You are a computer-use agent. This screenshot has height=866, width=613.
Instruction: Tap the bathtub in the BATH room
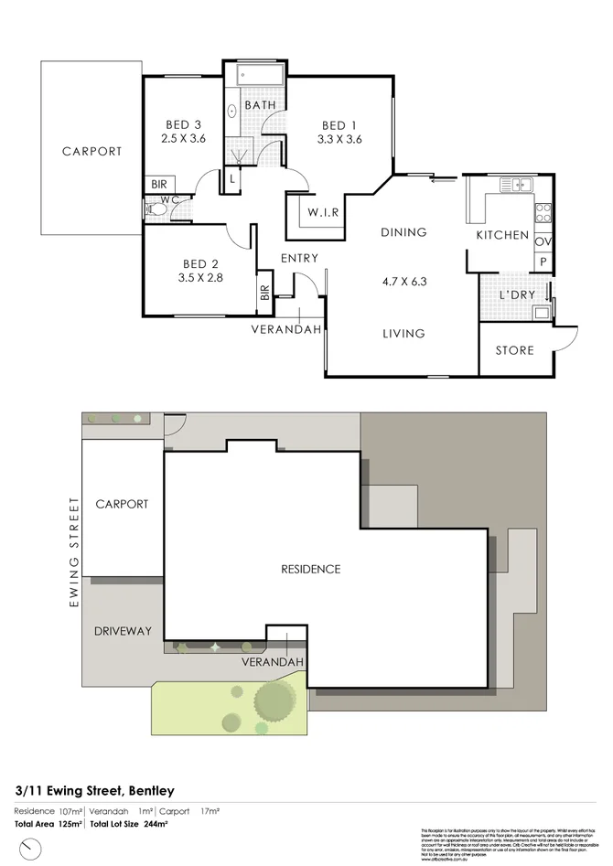[x=259, y=76]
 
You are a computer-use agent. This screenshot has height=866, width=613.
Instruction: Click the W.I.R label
[x=323, y=213]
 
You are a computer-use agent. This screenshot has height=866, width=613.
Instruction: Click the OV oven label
[x=542, y=241]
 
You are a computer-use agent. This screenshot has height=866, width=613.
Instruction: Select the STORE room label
[x=513, y=350]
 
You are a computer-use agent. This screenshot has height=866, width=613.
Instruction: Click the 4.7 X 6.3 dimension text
[x=403, y=282]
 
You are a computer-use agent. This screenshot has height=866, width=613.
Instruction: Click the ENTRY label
[x=299, y=259]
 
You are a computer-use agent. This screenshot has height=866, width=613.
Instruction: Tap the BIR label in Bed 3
[x=159, y=185]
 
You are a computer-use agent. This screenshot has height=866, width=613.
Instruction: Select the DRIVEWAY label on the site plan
[x=123, y=631]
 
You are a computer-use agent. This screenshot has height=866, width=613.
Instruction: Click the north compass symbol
[x=33, y=850]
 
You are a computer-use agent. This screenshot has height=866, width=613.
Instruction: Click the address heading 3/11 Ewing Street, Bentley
[x=94, y=790]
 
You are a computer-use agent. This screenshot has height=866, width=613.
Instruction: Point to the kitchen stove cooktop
[x=543, y=212]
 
